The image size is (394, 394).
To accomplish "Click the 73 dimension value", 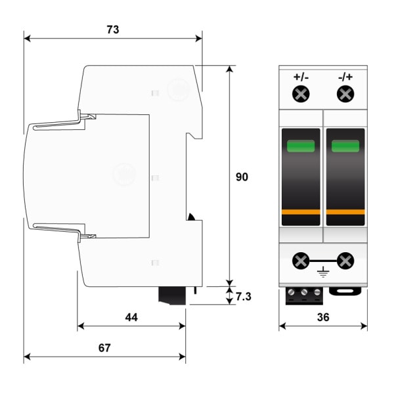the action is coord(113,30).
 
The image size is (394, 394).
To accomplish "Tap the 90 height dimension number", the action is coord(242,177).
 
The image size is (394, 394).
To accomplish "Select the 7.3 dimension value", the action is coord(243,297).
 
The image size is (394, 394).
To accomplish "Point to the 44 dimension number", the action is coord(131,317).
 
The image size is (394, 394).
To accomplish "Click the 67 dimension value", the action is coord(104,348).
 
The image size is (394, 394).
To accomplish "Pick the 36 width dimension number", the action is coord(323,317).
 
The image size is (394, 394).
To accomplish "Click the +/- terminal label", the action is coord(301,77).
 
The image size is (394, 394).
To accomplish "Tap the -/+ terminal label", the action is coord(345,77).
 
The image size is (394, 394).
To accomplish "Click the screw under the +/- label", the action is coord(301,94).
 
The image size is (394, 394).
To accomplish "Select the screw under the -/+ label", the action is coord(345,94).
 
